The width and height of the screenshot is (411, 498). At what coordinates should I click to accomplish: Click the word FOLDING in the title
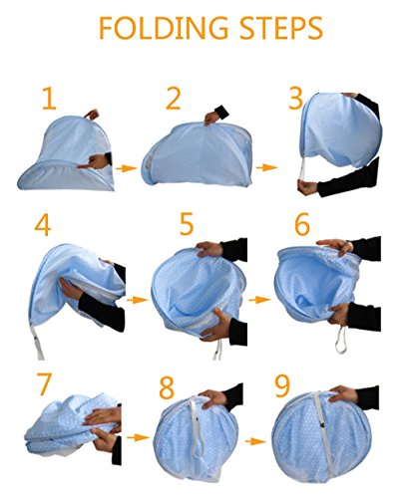coord(164,28)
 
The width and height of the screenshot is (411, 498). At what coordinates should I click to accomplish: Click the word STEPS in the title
coord(281,28)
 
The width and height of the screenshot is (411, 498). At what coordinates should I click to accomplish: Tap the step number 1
coord(49,99)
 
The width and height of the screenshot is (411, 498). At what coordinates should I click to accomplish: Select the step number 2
coord(173,99)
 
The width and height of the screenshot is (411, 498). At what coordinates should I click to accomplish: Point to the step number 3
coord(295,98)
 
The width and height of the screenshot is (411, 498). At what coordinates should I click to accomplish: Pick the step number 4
coord(43,225)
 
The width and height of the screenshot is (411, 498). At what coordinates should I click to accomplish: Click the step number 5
coord(187,224)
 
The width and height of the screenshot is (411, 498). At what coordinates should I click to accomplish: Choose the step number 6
coord(302,224)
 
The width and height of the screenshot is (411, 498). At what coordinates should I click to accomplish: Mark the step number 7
coord(44,384)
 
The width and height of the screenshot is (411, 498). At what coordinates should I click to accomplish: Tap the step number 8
coord(167,387)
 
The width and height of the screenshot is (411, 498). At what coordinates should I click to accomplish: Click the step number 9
coord(282,386)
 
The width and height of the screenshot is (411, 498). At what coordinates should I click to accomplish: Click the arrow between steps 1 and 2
coord(127,168)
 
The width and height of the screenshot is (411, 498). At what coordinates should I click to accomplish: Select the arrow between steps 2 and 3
coord(267,167)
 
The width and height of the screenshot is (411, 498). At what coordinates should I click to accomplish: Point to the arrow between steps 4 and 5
coord(137,300)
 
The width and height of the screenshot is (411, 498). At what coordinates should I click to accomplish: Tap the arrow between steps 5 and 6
coord(259,300)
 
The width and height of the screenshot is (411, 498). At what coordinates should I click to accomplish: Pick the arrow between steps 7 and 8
coord(138,437)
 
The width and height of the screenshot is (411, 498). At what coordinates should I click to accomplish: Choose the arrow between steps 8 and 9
coord(255,441)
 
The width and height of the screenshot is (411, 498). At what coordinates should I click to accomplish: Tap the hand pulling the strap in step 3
coord(307,187)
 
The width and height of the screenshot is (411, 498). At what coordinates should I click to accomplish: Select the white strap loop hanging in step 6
coord(341,341)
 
